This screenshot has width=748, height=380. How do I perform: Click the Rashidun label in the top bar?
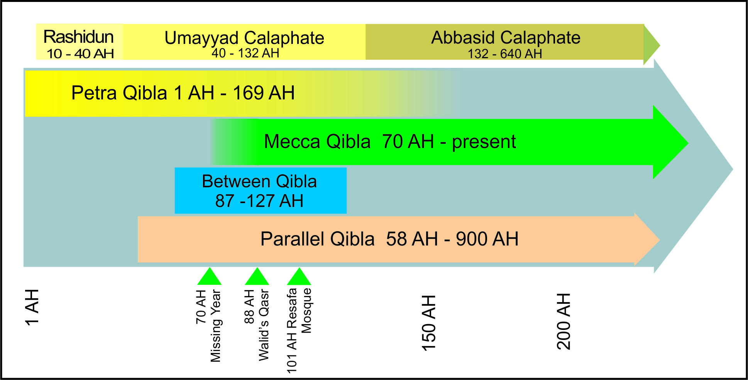(x=78, y=37)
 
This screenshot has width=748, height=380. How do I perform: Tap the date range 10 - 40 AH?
(x=80, y=54)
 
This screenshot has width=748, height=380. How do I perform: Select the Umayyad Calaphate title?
(x=244, y=38)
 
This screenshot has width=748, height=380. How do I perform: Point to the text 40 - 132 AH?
(x=245, y=53)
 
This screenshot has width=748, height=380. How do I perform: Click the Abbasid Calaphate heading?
(x=506, y=37)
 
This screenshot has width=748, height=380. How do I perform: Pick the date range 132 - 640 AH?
(x=505, y=54)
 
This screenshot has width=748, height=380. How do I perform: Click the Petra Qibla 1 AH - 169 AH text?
(x=183, y=93)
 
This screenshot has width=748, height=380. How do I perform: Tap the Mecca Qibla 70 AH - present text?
(x=390, y=141)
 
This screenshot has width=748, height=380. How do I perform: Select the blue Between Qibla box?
(x=261, y=190)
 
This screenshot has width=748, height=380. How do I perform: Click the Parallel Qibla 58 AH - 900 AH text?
(x=389, y=239)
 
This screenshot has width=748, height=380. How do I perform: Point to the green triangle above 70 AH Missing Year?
(x=209, y=276)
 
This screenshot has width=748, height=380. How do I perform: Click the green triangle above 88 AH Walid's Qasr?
(x=257, y=276)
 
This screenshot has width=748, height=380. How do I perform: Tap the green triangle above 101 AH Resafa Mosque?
(x=299, y=276)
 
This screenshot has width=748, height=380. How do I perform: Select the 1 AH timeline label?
(x=32, y=308)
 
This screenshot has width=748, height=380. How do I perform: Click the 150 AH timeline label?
(x=428, y=323)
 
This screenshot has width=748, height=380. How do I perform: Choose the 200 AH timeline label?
(x=564, y=321)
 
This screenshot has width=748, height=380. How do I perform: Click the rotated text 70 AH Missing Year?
(x=208, y=326)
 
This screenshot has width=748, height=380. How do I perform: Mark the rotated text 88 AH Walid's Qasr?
(x=256, y=325)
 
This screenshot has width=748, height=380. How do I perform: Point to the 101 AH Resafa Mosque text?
(x=299, y=331)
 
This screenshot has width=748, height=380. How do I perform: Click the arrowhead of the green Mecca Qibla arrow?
(x=670, y=142)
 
